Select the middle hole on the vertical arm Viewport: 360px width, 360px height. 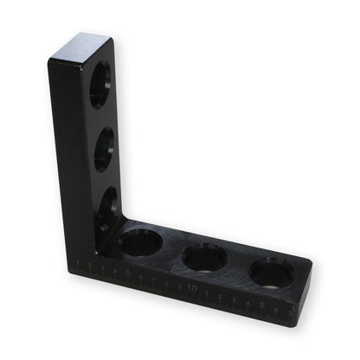tap(104, 149)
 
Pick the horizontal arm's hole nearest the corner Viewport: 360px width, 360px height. tap(140, 242)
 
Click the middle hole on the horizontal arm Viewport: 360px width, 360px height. tap(204, 256)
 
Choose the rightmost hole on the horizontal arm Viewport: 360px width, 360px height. tap(271, 273)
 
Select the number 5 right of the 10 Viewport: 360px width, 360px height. tap(260, 304)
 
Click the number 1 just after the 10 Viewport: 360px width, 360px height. tap(208, 292)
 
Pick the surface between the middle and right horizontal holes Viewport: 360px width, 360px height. tap(238, 264)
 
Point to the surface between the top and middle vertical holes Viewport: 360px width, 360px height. tap(101, 118)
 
